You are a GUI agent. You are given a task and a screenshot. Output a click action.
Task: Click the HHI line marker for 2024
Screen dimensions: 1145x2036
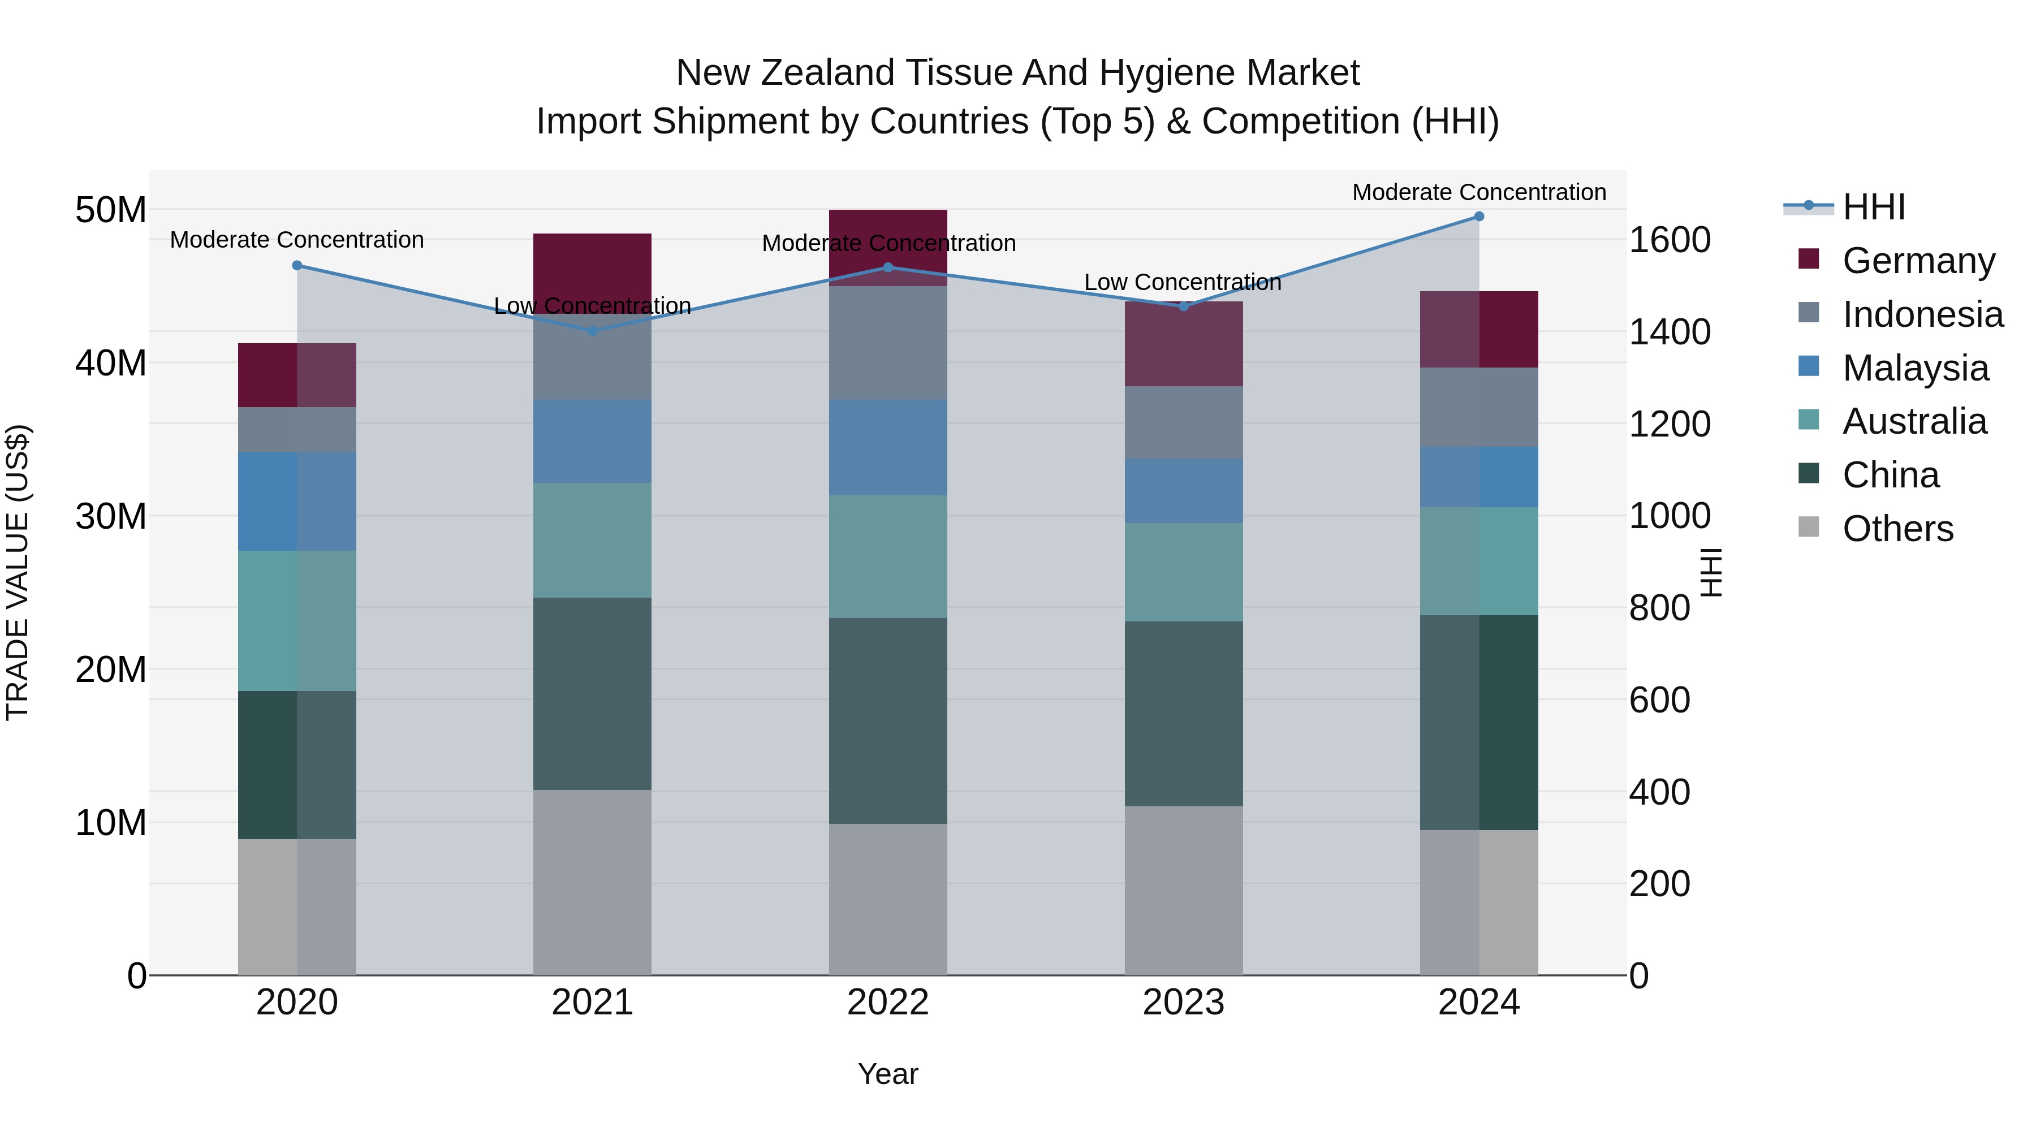1479,217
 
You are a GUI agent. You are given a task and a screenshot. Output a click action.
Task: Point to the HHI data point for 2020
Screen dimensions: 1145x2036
297,266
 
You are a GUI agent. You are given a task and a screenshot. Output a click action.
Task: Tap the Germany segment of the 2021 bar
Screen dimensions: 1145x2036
592,269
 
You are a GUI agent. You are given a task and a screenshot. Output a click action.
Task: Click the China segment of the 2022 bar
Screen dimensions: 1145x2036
887,721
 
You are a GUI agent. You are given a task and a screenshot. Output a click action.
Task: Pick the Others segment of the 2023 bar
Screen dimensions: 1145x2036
1183,891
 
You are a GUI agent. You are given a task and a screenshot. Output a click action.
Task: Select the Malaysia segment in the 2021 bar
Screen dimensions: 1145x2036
592,442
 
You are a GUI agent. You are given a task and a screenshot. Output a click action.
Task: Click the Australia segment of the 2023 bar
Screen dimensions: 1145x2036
1183,572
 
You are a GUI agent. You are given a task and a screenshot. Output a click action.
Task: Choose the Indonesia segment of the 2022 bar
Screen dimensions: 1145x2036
887,343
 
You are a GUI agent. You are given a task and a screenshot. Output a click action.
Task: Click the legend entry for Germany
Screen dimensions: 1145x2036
1918,261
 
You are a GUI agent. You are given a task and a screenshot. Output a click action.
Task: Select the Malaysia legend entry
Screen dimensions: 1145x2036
1915,368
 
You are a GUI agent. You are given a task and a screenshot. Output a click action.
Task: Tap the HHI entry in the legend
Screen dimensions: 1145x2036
1873,207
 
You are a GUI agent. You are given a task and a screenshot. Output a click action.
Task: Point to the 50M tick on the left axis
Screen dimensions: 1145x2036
111,210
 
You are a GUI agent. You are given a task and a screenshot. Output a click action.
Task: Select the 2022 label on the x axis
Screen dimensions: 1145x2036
887,1003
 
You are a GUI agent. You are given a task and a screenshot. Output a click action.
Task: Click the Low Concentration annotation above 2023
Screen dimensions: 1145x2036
1183,282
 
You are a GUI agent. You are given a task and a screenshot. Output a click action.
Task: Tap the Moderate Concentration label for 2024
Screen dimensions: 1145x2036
1479,192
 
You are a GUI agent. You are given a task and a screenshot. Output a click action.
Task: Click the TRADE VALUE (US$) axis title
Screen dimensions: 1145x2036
18,572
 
